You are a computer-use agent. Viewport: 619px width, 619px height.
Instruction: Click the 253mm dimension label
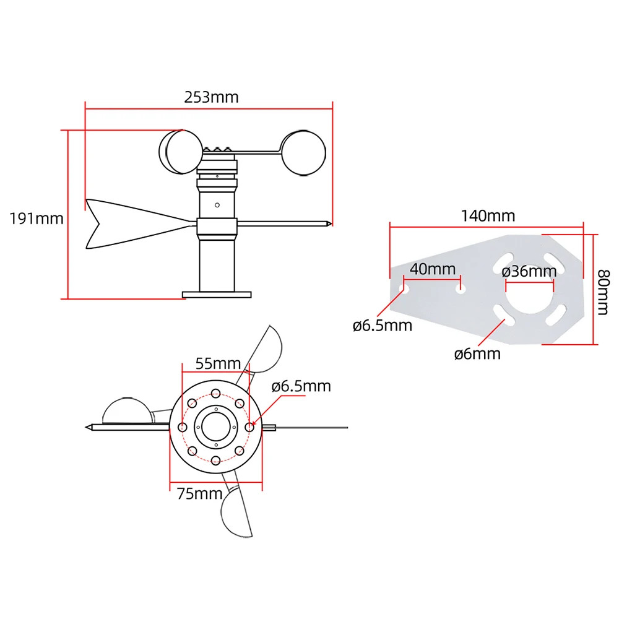click(211, 97)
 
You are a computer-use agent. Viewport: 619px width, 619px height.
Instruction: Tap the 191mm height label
click(37, 219)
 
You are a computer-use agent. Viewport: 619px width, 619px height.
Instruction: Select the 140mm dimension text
click(488, 215)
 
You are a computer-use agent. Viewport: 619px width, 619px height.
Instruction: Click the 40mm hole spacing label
click(432, 269)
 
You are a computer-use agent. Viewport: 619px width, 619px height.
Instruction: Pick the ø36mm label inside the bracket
click(529, 271)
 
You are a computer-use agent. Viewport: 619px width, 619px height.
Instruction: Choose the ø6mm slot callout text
click(477, 353)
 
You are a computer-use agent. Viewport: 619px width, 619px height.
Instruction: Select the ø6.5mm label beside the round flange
click(301, 386)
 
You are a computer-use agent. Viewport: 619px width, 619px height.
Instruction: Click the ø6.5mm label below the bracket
click(383, 325)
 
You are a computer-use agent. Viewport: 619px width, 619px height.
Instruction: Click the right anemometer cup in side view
click(303, 152)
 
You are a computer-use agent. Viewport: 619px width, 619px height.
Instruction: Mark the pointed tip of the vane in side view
click(331, 223)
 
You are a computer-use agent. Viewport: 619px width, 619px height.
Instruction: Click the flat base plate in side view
click(217, 294)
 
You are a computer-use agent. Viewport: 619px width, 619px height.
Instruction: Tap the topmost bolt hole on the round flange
click(215, 393)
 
